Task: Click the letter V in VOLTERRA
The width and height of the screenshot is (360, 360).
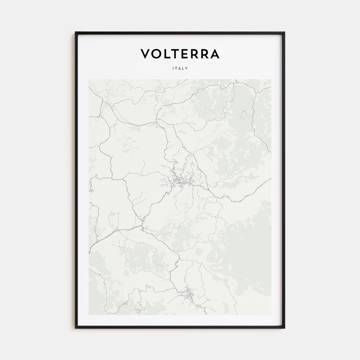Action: [145, 54]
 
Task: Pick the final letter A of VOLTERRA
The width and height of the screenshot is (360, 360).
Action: [214, 54]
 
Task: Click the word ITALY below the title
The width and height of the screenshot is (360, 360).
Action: [180, 68]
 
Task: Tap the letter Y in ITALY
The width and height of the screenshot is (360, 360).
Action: [187, 68]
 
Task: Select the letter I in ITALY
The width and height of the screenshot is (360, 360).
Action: [173, 68]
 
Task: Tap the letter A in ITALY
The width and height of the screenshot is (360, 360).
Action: [180, 68]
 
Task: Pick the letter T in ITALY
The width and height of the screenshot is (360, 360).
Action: [176, 68]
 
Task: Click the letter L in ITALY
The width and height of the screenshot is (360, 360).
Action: [184, 68]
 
